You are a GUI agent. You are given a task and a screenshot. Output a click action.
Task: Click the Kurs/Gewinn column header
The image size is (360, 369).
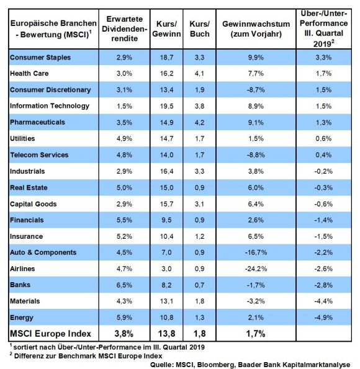pos(166,29)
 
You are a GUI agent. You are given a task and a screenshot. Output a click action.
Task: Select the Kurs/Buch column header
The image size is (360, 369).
pos(199,29)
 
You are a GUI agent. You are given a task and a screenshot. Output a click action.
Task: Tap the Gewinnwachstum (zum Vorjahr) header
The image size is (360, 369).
pos(256,29)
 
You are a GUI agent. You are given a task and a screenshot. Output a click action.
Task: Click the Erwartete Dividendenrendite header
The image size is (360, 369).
pos(124,29)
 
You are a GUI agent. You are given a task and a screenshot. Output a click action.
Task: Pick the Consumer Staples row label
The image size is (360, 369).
pos(40,58)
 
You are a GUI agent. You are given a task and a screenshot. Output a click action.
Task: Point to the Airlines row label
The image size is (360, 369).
pos(22,269)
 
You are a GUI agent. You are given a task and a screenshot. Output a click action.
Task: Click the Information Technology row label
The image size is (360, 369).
pos(50,106)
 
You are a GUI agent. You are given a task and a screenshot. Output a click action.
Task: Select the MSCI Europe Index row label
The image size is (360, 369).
pos(50,334)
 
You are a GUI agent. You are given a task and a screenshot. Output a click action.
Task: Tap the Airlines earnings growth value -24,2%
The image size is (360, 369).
pos(256,269)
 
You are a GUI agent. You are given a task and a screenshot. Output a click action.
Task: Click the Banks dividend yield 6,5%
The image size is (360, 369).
pos(124,285)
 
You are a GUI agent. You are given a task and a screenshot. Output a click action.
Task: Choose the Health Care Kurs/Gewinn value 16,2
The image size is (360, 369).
pos(166,73)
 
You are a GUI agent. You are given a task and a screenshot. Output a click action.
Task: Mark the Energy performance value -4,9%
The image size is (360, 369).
pos(323,318)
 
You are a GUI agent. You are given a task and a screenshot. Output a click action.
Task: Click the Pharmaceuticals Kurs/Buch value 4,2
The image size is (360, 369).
pos(199,122)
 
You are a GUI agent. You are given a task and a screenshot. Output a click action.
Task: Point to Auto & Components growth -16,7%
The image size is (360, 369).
pos(256,252)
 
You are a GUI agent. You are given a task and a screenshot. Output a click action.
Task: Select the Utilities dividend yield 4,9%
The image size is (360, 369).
pos(124,138)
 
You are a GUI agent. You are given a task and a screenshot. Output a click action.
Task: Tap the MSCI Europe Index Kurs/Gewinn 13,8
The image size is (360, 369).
pos(166,334)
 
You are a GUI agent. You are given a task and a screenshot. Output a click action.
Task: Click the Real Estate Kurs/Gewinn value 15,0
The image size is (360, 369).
pos(166,187)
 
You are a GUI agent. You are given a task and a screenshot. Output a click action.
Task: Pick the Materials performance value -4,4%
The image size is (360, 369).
pos(323,301)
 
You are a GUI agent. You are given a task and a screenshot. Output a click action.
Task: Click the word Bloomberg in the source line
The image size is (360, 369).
pos(216,365)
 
